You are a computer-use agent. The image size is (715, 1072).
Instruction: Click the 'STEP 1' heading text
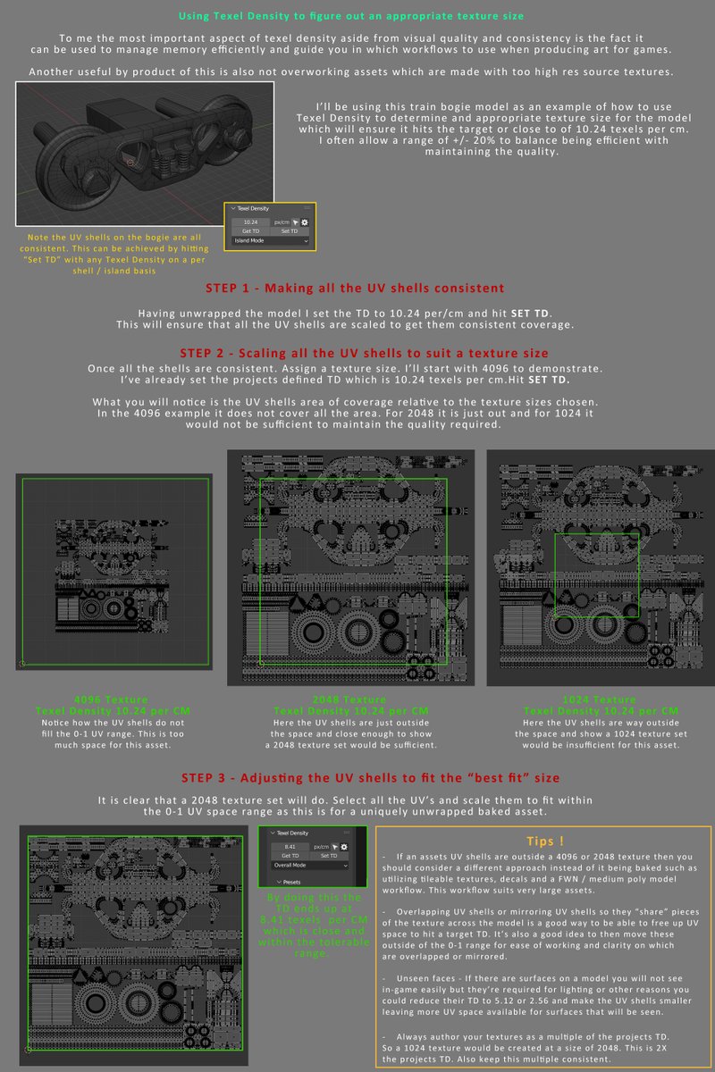coord(356,289)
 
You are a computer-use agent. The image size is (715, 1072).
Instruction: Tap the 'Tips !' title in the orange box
coord(544,842)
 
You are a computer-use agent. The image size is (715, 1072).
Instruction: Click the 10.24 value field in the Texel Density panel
coord(250,222)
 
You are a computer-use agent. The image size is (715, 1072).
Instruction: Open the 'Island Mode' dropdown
coord(271,240)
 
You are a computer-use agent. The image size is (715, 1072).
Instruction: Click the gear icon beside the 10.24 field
coord(305,222)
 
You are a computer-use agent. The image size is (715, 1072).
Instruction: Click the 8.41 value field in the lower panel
coord(290,846)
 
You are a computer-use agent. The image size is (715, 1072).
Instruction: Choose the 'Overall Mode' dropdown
coord(309,865)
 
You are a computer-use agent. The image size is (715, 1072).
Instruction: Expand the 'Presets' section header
coord(291,881)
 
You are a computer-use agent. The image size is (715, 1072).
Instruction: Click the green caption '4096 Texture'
coord(113,699)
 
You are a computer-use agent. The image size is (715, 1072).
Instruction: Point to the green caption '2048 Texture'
coord(349,699)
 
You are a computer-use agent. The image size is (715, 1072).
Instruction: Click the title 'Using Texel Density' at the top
coord(350,16)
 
